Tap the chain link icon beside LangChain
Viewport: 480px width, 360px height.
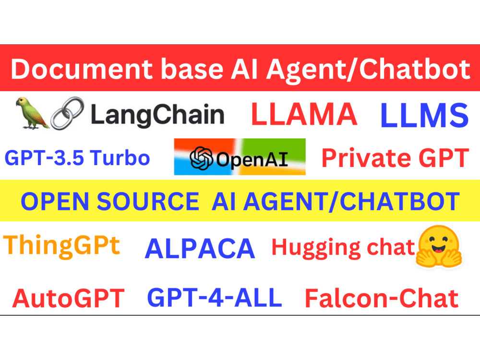click(x=68, y=113)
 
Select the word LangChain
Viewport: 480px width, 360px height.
click(x=157, y=115)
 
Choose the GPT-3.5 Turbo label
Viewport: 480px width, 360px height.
click(x=77, y=157)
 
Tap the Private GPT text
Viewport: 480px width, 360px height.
click(x=395, y=158)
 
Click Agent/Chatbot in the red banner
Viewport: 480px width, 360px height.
click(x=367, y=70)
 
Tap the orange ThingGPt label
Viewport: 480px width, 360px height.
click(x=62, y=246)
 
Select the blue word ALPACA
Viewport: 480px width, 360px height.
click(x=200, y=249)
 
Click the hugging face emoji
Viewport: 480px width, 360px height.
click(x=439, y=247)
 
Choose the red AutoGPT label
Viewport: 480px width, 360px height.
click(x=68, y=298)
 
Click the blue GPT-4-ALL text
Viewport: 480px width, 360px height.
click(x=214, y=298)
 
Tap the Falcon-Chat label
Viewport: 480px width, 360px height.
click(x=382, y=299)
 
